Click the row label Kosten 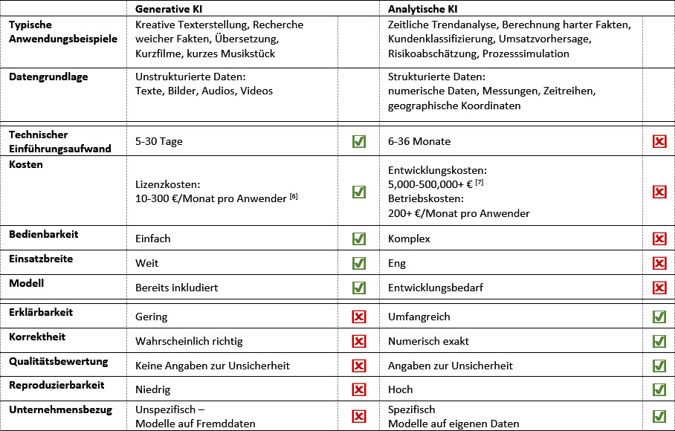26,164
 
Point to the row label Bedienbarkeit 44,234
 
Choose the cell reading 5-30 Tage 159,141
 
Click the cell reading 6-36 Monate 419,141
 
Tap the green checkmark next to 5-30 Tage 359,141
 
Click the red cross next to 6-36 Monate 659,141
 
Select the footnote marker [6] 294,196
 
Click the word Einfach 153,239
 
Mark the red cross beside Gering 359,317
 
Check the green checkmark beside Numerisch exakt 659,341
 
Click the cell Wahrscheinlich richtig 189,341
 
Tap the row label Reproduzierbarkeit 56,385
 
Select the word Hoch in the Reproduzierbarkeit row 400,389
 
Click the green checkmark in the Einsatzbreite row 359,263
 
